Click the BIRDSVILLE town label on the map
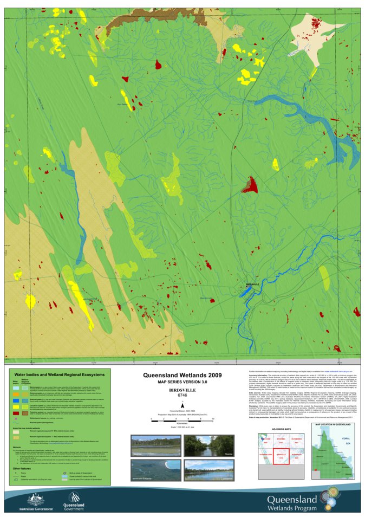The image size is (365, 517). click(253, 283)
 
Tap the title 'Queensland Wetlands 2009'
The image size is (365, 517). click(182, 374)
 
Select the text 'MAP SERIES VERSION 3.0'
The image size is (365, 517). click(182, 382)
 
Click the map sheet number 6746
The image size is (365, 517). click(182, 395)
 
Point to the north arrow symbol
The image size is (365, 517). click(182, 404)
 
